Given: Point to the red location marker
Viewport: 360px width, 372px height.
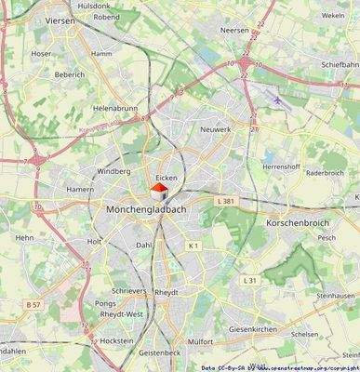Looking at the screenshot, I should click(159, 189).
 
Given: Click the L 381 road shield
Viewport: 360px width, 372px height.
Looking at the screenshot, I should click(226, 201).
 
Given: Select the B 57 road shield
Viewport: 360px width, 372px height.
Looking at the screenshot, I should click(33, 305).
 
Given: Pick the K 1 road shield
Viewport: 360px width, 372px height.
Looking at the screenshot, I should click(193, 245).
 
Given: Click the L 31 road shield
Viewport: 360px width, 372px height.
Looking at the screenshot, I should click(249, 280).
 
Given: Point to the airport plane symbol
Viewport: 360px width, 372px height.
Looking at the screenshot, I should click(279, 96).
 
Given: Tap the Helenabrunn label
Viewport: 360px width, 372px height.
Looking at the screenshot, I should click(114, 108).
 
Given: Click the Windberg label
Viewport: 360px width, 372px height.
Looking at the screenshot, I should click(114, 172).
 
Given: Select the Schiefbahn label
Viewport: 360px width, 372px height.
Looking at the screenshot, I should click(340, 64).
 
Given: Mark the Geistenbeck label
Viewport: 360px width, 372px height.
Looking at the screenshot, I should click(159, 354).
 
